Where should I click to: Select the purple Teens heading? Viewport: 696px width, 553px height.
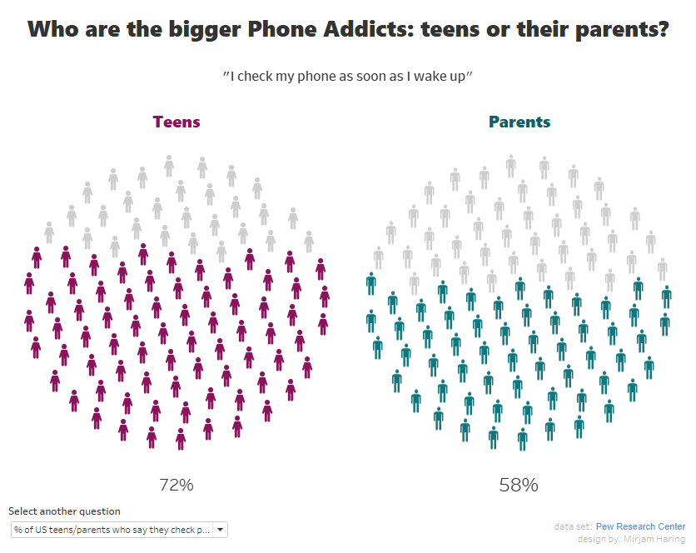click(x=176, y=122)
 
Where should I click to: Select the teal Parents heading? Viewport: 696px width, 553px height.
click(x=520, y=122)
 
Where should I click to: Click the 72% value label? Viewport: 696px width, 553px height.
click(x=176, y=485)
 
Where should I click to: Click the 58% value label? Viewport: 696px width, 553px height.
click(x=519, y=485)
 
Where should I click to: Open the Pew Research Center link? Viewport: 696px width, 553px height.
click(x=640, y=526)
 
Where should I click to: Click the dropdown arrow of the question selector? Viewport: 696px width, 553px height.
click(x=220, y=530)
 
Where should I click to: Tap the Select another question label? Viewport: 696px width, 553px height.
click(x=64, y=511)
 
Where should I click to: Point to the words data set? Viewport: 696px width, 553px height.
click(x=572, y=526)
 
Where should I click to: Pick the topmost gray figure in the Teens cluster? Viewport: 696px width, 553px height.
click(x=169, y=165)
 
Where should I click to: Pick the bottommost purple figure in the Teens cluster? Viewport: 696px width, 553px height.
click(x=181, y=438)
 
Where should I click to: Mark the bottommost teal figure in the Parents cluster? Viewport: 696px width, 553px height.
click(x=522, y=438)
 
